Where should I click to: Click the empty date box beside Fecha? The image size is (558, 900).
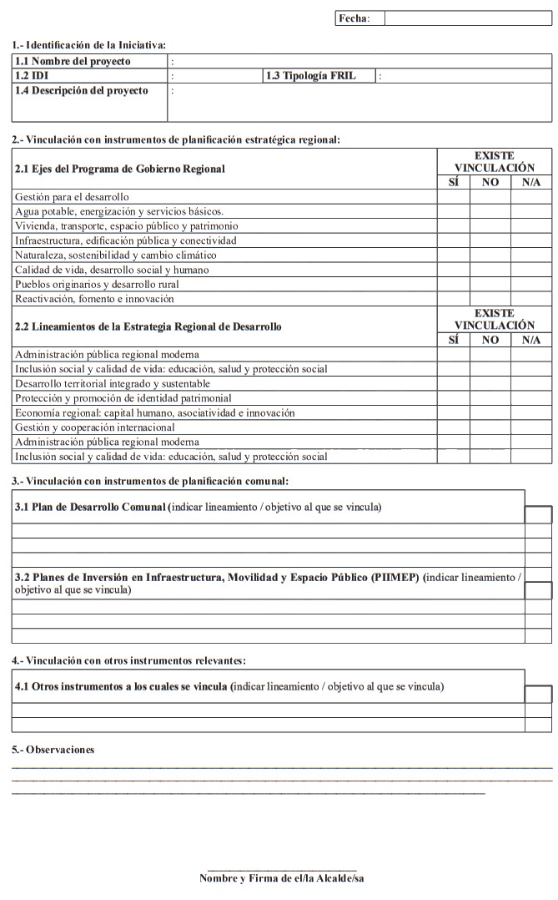(468, 18)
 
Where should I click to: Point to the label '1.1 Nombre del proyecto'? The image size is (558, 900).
(83, 62)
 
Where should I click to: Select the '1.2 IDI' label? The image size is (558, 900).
(31, 76)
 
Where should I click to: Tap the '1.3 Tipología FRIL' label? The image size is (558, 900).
(310, 76)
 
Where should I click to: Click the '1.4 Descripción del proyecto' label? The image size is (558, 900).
(81, 90)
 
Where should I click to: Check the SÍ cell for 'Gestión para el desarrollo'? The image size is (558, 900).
(453, 197)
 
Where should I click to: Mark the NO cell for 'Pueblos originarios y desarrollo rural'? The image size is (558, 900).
(490, 284)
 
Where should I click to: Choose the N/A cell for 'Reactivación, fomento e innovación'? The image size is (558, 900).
(530, 298)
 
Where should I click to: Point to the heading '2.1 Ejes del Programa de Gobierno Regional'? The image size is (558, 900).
(120, 169)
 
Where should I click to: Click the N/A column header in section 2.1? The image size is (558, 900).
(530, 182)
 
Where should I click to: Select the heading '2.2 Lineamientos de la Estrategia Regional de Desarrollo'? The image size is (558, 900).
(148, 326)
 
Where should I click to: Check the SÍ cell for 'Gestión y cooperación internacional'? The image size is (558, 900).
(453, 427)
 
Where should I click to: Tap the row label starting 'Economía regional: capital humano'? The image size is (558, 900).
(155, 412)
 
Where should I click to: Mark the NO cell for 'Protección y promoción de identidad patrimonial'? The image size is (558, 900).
(490, 398)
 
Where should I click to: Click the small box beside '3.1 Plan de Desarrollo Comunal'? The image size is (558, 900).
(538, 514)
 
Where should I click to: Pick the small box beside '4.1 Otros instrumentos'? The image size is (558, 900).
(538, 695)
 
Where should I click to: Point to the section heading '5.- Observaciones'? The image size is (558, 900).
(53, 750)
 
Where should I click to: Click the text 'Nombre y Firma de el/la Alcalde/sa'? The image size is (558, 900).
(282, 878)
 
